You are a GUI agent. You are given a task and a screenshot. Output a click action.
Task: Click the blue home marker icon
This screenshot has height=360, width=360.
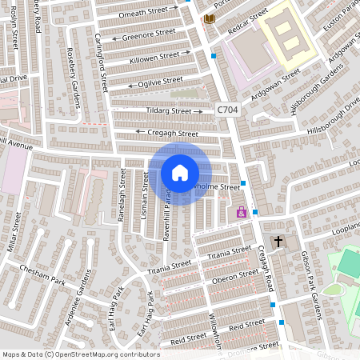[x=180, y=173]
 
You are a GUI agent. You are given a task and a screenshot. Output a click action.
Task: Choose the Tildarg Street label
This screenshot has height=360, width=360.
[x=169, y=111]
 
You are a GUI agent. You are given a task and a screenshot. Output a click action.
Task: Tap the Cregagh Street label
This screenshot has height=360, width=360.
[x=172, y=133]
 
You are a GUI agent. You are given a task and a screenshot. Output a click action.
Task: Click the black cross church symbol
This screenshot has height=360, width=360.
[x=278, y=241]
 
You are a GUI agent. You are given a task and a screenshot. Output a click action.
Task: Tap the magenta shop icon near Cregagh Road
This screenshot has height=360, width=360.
[x=242, y=213]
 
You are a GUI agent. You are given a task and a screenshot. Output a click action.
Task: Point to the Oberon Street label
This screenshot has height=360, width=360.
[x=232, y=279]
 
